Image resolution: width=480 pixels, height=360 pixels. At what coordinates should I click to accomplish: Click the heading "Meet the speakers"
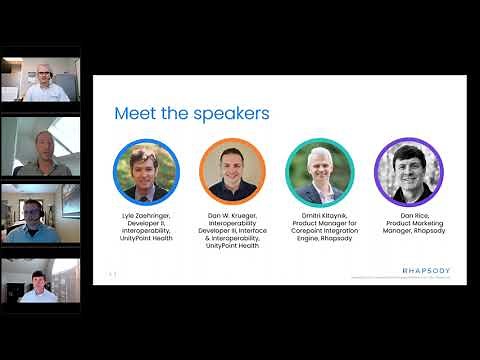(191, 114)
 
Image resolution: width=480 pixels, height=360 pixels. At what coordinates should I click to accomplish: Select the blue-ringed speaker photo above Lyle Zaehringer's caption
(146, 170)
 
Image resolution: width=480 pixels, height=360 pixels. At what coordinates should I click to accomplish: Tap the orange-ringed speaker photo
(233, 170)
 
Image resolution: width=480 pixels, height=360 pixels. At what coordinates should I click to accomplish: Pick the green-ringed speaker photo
(319, 170)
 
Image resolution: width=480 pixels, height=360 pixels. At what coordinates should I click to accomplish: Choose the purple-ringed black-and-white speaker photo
(407, 170)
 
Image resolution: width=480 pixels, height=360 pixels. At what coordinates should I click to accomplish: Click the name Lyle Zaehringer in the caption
(146, 216)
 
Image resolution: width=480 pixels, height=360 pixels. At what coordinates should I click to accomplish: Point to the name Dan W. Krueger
(233, 216)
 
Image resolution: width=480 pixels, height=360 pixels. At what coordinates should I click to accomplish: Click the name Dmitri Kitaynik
(320, 216)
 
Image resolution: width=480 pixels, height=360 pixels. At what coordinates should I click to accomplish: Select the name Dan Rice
(407, 216)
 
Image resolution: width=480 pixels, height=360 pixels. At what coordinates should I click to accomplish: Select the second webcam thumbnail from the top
(40, 147)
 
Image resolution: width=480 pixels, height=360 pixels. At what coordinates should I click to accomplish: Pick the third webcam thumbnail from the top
(40, 214)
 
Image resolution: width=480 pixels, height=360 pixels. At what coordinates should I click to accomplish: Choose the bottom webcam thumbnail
(40, 281)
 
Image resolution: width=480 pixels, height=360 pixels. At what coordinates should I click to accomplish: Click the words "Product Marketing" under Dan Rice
(407, 224)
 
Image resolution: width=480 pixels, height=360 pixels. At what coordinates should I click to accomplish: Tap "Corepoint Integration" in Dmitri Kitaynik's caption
(320, 232)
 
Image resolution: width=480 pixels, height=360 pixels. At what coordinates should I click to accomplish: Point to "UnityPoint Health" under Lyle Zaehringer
(146, 239)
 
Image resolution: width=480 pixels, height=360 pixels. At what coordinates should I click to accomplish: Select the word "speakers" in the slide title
(233, 114)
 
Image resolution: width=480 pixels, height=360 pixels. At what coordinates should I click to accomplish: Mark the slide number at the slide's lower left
(113, 273)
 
